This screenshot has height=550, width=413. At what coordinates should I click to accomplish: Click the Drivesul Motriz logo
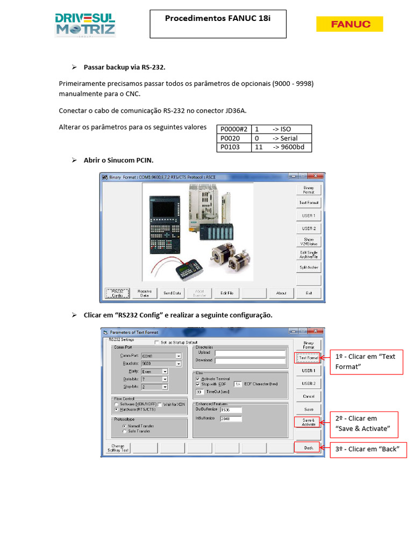85,25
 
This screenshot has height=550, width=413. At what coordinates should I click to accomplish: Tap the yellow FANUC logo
350,24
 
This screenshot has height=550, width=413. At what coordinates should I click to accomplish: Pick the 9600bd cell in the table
291,147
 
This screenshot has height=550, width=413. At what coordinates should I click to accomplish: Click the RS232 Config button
117,293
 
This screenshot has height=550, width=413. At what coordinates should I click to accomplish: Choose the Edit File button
226,293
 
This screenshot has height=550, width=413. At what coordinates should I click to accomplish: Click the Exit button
309,293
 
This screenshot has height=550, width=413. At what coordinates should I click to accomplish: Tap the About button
281,293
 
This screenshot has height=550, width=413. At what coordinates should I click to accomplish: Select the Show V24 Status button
309,241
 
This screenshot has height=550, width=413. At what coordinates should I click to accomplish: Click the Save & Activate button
309,422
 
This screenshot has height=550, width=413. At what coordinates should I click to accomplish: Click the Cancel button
309,396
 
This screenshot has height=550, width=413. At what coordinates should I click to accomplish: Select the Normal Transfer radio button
125,426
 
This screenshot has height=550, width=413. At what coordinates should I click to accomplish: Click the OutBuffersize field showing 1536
231,410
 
